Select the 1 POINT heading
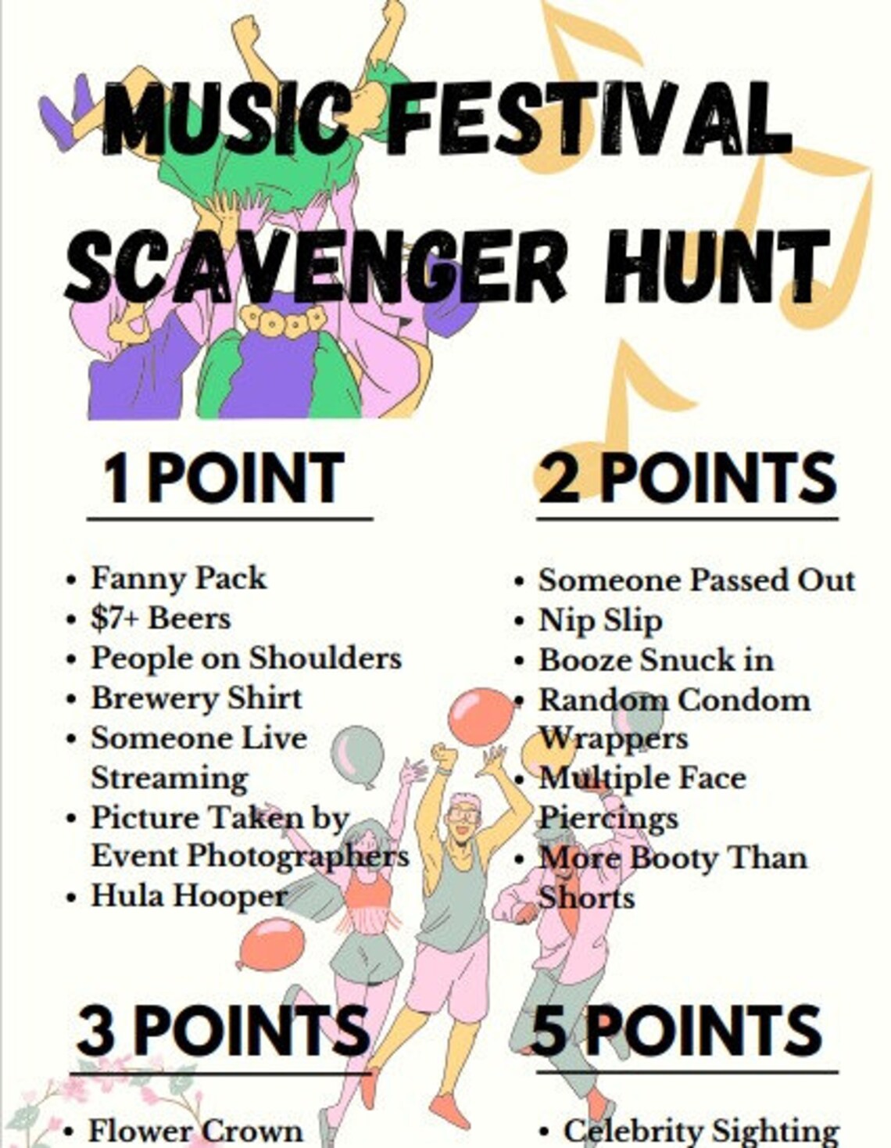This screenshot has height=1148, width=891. [x=224, y=478]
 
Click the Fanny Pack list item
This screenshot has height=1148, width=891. [x=178, y=579]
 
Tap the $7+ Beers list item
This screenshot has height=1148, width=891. [x=160, y=619]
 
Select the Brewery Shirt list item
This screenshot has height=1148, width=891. [x=196, y=698]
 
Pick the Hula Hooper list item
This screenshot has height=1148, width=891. [x=188, y=896]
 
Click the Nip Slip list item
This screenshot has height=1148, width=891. [x=600, y=620]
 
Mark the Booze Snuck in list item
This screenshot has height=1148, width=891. [x=656, y=660]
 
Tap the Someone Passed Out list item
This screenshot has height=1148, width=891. [x=696, y=580]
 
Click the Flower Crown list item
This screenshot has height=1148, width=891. [x=195, y=1131]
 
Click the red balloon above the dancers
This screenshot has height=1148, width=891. [x=480, y=716]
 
